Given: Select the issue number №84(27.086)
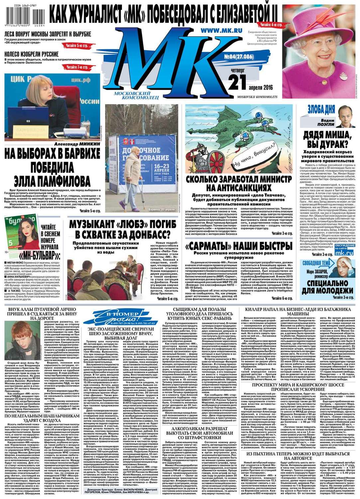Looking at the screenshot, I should (x=239, y=57).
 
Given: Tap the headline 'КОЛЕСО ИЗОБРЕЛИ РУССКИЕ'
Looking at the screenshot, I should (x=32, y=54).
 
